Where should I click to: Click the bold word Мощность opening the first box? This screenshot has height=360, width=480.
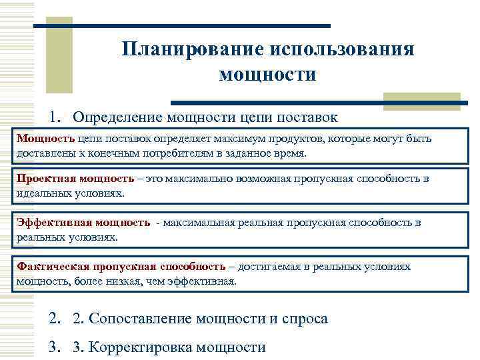click(45, 139)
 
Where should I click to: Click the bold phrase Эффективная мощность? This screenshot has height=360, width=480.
click(83, 223)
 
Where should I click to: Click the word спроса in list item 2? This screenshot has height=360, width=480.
click(305, 319)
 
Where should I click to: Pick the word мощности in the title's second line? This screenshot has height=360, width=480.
click(267, 74)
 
